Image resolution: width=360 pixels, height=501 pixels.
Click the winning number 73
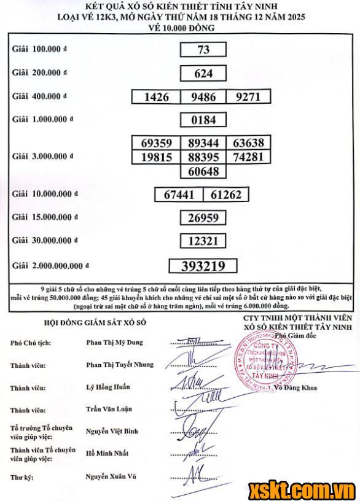203,50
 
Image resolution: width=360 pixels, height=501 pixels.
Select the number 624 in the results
203,74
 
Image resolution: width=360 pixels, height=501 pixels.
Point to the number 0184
203,120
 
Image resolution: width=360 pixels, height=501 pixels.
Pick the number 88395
203,157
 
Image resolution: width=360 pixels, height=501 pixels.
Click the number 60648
203,171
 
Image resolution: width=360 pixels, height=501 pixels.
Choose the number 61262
226,195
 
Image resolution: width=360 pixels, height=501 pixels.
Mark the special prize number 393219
203,265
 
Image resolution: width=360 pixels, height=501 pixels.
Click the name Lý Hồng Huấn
108,387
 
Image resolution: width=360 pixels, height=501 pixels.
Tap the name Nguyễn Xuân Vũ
109,476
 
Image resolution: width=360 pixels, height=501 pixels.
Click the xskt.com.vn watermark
302,491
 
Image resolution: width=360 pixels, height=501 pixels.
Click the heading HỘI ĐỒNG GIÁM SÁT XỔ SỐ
95,322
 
